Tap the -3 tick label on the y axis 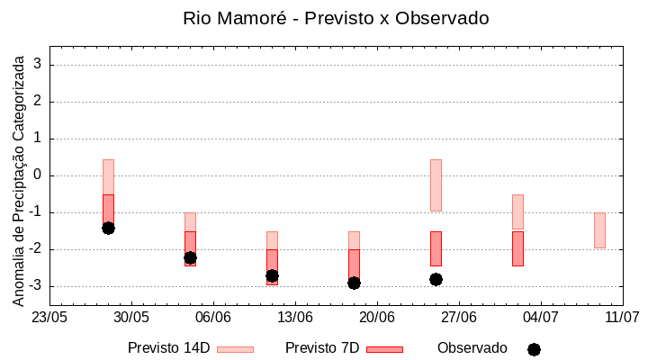click(38, 286)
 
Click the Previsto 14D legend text click(168, 348)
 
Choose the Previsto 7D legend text click(322, 348)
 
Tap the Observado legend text click(472, 348)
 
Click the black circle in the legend click(534, 349)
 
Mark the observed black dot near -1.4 click(108, 228)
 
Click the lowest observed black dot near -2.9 click(354, 283)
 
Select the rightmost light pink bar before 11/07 click(599, 229)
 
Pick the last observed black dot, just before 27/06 click(436, 279)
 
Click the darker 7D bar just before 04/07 click(517, 248)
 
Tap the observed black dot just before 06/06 click(190, 257)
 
